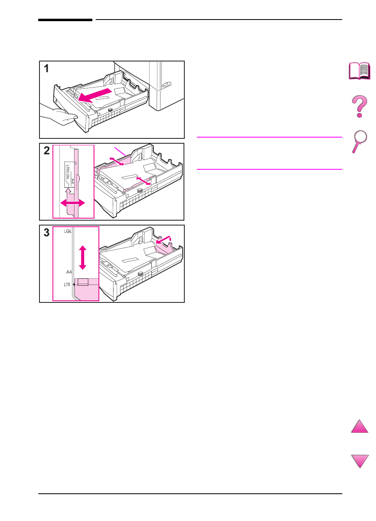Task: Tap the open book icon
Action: point(360,72)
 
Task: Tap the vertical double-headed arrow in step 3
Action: point(83,257)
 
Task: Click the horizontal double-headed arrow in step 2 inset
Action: point(73,203)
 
